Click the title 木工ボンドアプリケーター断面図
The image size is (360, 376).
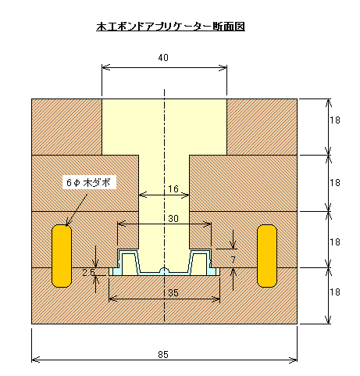pyautogui.click(x=170, y=27)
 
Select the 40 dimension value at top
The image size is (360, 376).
pyautogui.click(x=163, y=58)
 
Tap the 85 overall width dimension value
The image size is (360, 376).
pyautogui.click(x=163, y=355)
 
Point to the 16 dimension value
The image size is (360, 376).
pyautogui.click(x=173, y=188)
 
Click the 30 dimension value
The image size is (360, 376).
pyautogui.click(x=173, y=218)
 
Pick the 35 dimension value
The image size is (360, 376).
pyautogui.click(x=173, y=293)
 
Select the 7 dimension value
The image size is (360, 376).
pyautogui.click(x=233, y=260)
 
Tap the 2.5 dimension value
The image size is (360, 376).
pyautogui.click(x=88, y=273)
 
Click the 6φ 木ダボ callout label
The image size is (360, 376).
pyautogui.click(x=88, y=183)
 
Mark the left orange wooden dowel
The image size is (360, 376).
pyautogui.click(x=62, y=256)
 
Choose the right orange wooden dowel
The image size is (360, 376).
pyautogui.click(x=267, y=256)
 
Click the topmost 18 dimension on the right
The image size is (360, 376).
pyautogui.click(x=335, y=120)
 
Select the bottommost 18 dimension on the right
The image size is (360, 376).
pyautogui.click(x=335, y=292)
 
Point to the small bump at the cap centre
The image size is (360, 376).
pyautogui.click(x=164, y=270)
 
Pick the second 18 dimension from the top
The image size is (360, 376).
pyautogui.click(x=335, y=183)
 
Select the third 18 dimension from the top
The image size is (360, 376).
pyautogui.click(x=335, y=242)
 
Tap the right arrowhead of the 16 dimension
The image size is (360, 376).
pyautogui.click(x=186, y=195)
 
